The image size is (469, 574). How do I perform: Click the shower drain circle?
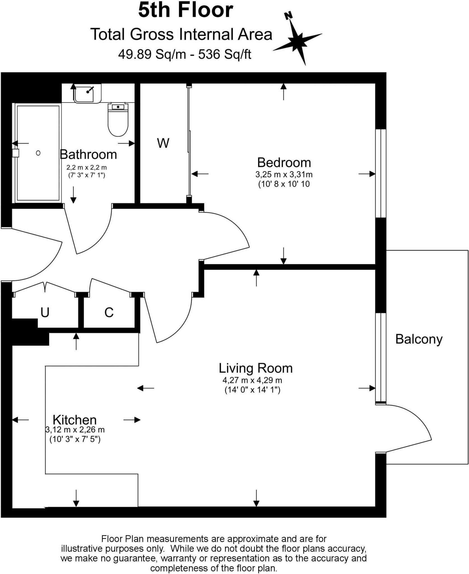pyautogui.click(x=38, y=153)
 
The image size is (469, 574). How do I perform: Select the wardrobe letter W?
pyautogui.click(x=163, y=143)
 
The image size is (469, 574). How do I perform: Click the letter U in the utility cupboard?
pyautogui.click(x=45, y=312)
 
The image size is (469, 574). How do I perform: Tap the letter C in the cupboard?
pyautogui.click(x=109, y=313)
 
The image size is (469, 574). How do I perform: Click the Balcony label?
pyautogui.click(x=419, y=339)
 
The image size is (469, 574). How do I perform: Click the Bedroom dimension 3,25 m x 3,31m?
pyautogui.click(x=284, y=175)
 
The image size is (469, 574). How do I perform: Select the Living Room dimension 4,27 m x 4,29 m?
pyautogui.click(x=252, y=380)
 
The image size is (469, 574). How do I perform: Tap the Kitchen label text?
pyautogui.click(x=75, y=420)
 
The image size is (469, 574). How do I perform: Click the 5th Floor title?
pyautogui.click(x=185, y=10)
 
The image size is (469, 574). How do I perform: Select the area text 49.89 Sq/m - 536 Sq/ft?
pyautogui.click(x=184, y=54)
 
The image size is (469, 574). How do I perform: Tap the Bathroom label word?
pyautogui.click(x=88, y=154)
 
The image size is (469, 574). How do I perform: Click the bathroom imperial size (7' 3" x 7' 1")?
pyautogui.click(x=87, y=175)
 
